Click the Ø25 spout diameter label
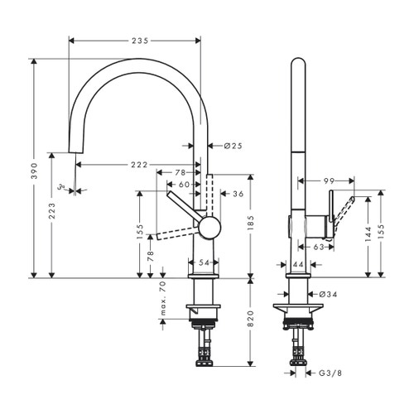[x=232, y=147]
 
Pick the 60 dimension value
[x=184, y=185]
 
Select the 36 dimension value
[x=237, y=195]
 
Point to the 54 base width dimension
[x=204, y=262]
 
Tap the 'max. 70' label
[x=163, y=300]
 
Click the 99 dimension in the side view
[x=328, y=180]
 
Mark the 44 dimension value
[x=300, y=263]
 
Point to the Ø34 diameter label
[x=325, y=293]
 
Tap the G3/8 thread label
[x=331, y=373]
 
